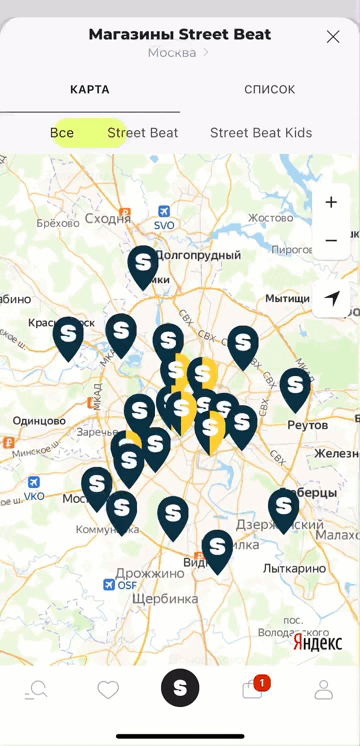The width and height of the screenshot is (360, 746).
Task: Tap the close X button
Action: [x=333, y=37]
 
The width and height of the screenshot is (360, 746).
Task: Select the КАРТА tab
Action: [x=90, y=90]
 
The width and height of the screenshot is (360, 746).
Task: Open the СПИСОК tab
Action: [x=270, y=90]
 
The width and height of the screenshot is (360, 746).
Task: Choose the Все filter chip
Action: [x=62, y=133]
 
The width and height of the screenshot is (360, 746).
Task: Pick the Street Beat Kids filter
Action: [x=261, y=133]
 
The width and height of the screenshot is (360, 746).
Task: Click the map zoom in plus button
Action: [x=331, y=203]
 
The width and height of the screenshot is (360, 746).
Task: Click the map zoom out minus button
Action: [x=331, y=241]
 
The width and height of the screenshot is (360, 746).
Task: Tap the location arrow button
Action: [x=332, y=298]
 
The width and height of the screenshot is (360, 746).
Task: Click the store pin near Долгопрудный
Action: [x=143, y=265]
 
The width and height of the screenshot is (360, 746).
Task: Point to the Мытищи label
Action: [x=287, y=299]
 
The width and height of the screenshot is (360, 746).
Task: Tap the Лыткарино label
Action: [x=294, y=569]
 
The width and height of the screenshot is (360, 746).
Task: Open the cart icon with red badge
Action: [x=253, y=689]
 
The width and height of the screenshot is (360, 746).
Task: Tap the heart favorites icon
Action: [x=108, y=689]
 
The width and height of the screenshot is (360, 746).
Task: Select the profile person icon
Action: [x=324, y=689]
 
